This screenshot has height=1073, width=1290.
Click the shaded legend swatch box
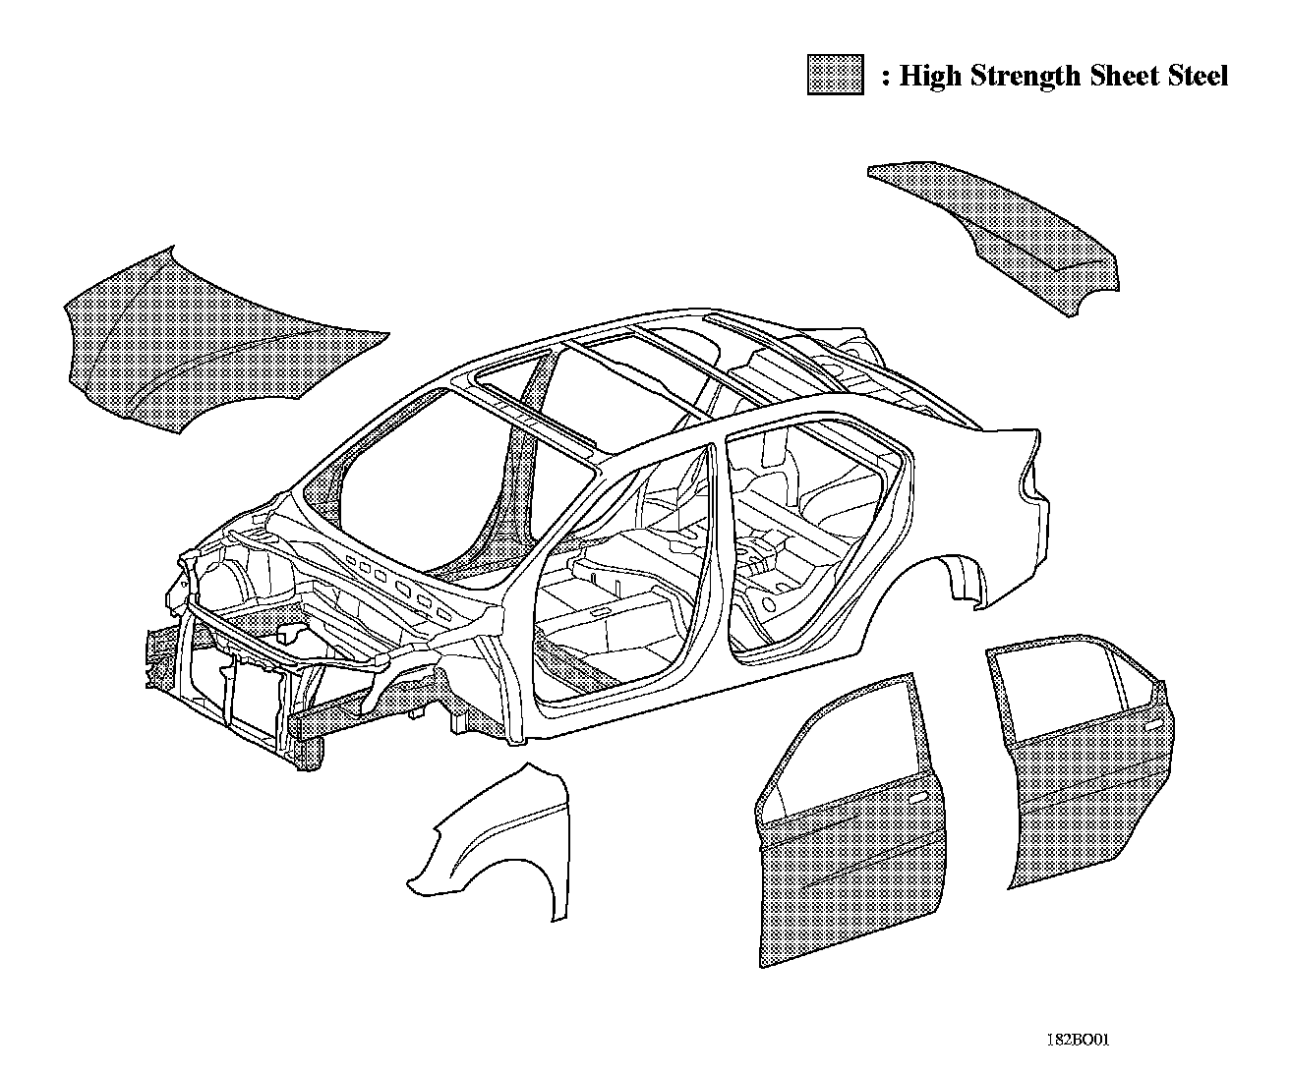[x=835, y=75]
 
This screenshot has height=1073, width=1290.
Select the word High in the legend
[x=930, y=77]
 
